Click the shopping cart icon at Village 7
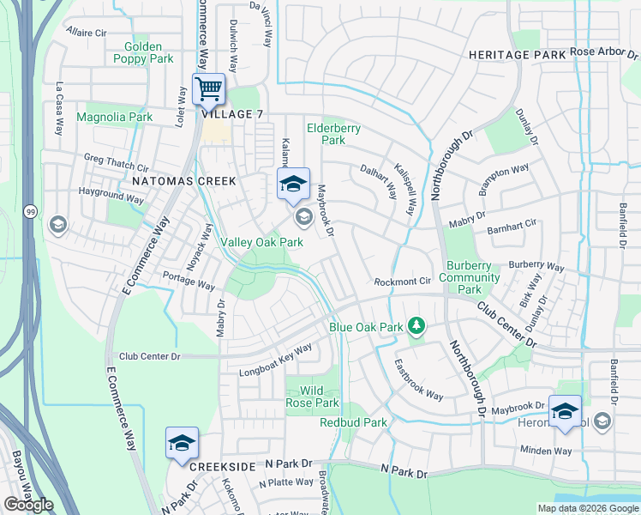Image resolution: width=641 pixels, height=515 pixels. pyautogui.click(x=208, y=88)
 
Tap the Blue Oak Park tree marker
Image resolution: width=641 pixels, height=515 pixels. pyautogui.click(x=416, y=325)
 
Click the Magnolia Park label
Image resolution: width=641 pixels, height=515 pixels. pyautogui.click(x=114, y=117)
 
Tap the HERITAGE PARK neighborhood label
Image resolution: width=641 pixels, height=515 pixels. pyautogui.click(x=517, y=54)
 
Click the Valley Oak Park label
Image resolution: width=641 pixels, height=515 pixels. pyautogui.click(x=262, y=243)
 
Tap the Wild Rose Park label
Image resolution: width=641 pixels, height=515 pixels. pyautogui.click(x=312, y=397)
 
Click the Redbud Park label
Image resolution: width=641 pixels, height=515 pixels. pyautogui.click(x=353, y=422)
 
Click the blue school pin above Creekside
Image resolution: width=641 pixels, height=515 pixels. pyautogui.click(x=182, y=444)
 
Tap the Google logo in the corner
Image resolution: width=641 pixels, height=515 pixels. pyautogui.click(x=28, y=505)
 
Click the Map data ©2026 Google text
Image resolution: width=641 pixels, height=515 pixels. pyautogui.click(x=587, y=508)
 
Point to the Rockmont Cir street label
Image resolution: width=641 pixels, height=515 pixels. pyautogui.click(x=402, y=282)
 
